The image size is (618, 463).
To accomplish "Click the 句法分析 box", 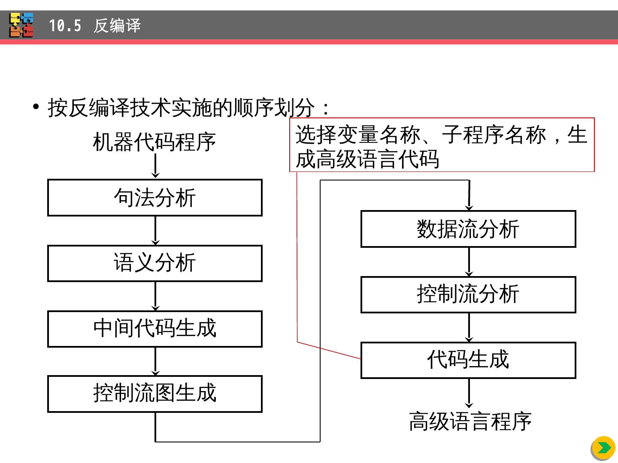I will pyautogui.click(x=154, y=198).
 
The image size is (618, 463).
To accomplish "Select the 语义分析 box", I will pyautogui.click(x=154, y=263).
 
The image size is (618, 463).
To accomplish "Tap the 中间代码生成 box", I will pyautogui.click(x=154, y=329).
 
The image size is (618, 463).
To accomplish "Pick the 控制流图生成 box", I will pyautogui.click(x=154, y=394).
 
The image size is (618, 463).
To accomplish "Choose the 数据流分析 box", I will pyautogui.click(x=468, y=229).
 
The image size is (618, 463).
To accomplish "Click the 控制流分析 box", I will pyautogui.click(x=468, y=295).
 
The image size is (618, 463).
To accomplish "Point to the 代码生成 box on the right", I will pyautogui.click(x=468, y=360).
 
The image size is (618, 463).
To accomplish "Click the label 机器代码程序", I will pyautogui.click(x=154, y=142).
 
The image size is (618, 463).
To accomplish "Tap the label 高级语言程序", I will pyautogui.click(x=470, y=421).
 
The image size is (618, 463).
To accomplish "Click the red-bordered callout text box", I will pyautogui.click(x=442, y=145).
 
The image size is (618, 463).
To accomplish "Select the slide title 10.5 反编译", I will pyautogui.click(x=94, y=26).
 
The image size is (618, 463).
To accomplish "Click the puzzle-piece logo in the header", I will pyautogui.click(x=21, y=25).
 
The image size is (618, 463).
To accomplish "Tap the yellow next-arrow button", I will pyautogui.click(x=603, y=448).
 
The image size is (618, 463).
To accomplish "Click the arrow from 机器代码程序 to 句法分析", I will pyautogui.click(x=155, y=166).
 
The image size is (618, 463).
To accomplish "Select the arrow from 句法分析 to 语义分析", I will pyautogui.click(x=155, y=231).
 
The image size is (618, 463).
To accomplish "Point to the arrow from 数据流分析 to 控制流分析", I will pyautogui.click(x=469, y=262).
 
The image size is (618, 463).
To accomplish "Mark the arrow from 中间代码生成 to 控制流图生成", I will pyautogui.click(x=155, y=361).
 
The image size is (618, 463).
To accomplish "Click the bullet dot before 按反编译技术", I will pyautogui.click(x=36, y=106).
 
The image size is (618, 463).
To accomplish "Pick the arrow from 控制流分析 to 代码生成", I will pyautogui.click(x=469, y=328).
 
